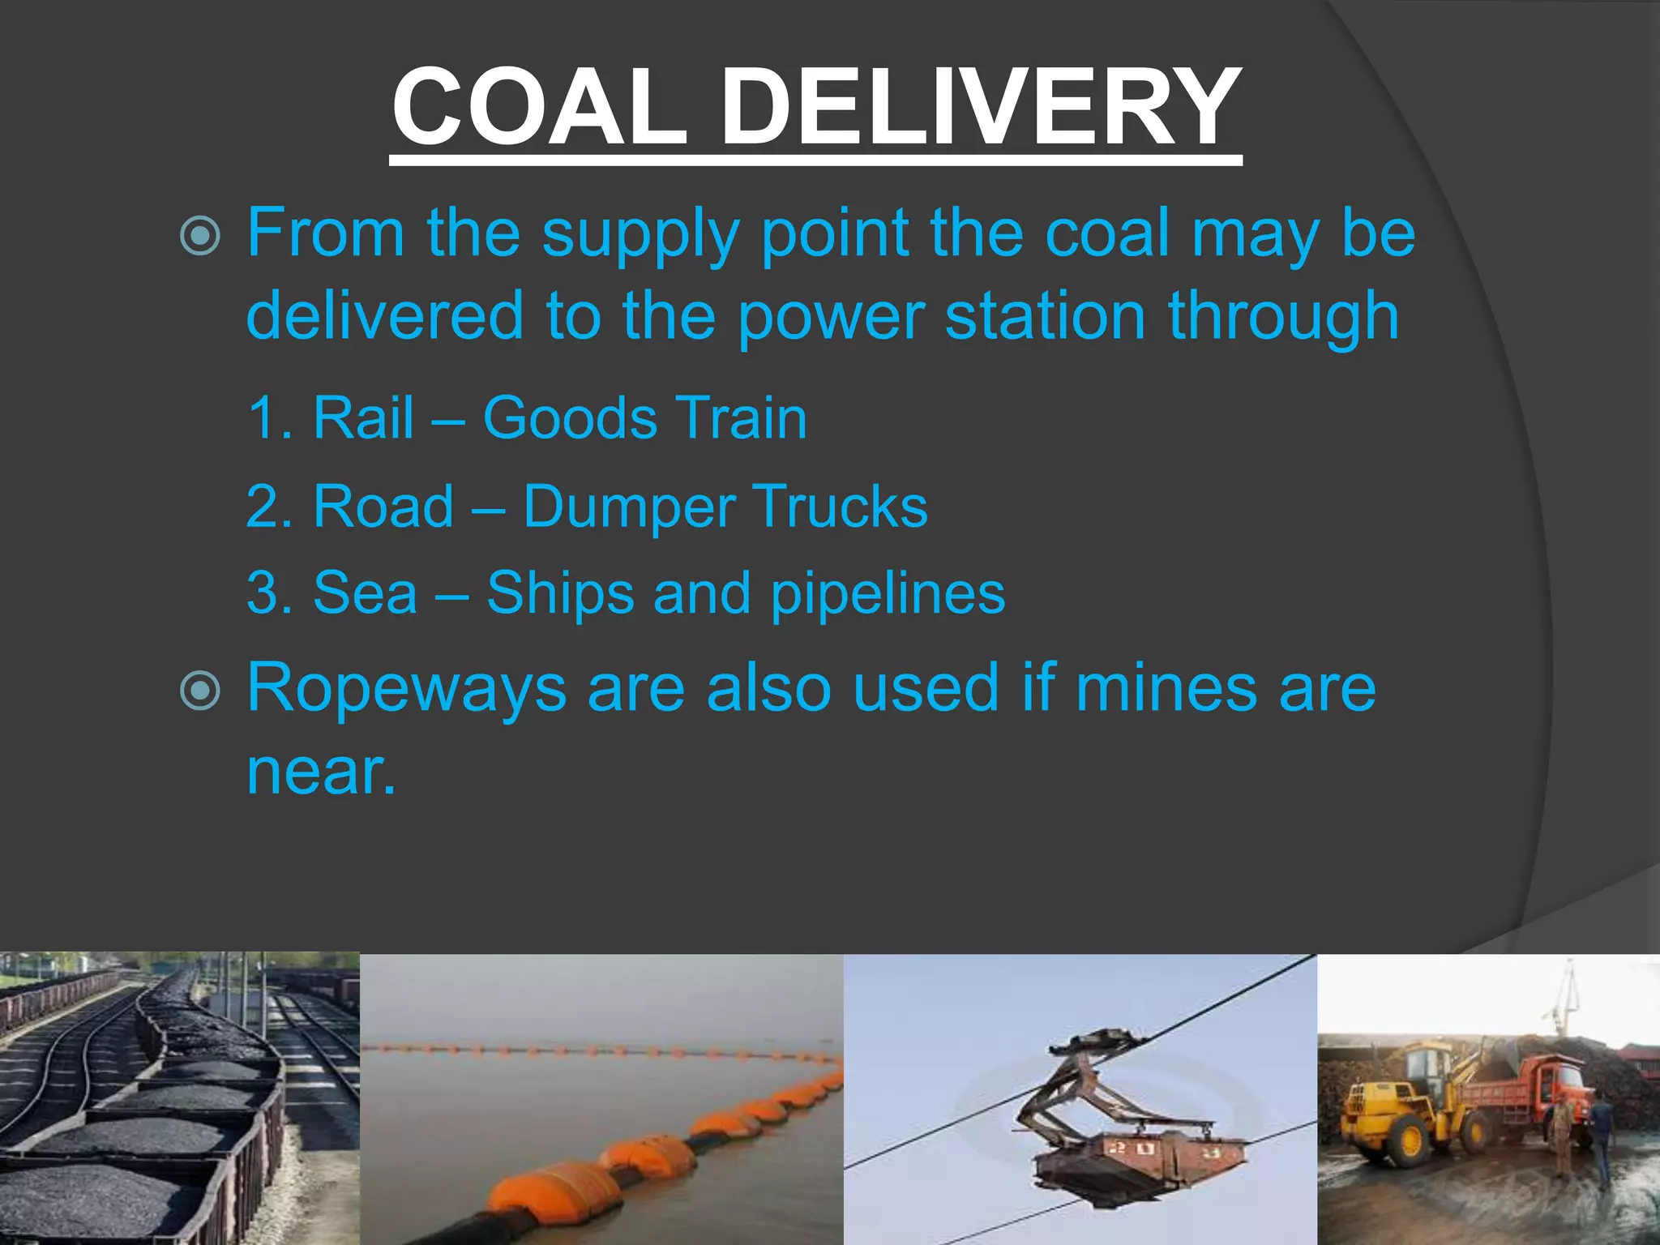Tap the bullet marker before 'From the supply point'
point(200,237)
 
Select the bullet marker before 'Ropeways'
point(200,691)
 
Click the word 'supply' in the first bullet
point(640,235)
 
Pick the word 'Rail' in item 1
point(363,418)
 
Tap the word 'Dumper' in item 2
point(628,507)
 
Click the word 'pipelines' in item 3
point(888,594)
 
